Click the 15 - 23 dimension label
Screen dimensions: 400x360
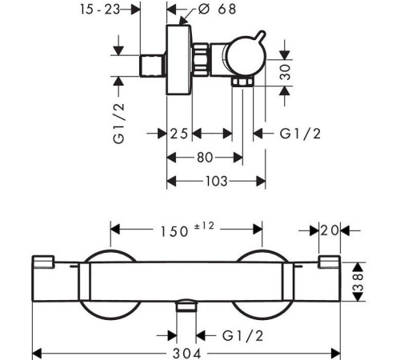coord(100,10)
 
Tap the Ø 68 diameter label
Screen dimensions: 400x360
coord(218,9)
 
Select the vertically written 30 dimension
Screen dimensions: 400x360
coord(286,72)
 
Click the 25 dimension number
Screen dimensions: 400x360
coord(179,134)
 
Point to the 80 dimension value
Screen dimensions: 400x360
coord(205,158)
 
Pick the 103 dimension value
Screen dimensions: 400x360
coord(216,182)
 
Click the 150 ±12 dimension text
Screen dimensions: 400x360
coord(187,230)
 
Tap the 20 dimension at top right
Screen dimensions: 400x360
coord(330,230)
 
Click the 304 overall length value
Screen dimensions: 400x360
coord(186,354)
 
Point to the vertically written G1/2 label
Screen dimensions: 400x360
coord(119,123)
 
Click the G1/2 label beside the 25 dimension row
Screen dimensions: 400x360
coord(300,134)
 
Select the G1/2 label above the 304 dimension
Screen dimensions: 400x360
coord(242,336)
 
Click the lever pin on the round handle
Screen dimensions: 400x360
coord(261,36)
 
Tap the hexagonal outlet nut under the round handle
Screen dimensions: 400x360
coord(242,81)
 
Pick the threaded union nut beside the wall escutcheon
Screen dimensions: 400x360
coord(201,59)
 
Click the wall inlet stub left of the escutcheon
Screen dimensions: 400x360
coord(152,66)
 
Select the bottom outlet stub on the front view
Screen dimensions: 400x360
coord(186,306)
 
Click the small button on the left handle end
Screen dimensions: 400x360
coord(43,262)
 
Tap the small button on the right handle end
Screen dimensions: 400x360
coord(330,262)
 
